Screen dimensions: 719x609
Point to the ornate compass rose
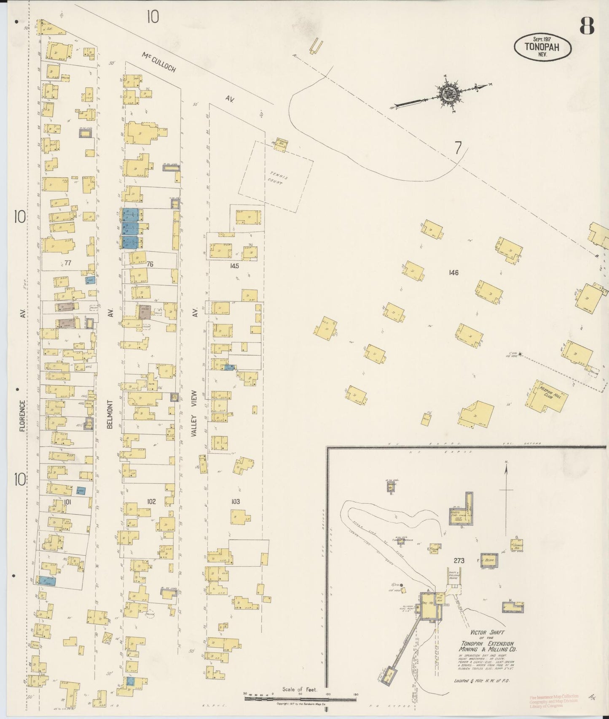pyautogui.click(x=447, y=93)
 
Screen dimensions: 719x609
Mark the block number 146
pyautogui.click(x=453, y=273)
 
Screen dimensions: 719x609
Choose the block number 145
pyautogui.click(x=234, y=266)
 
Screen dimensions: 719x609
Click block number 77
pyautogui.click(x=68, y=263)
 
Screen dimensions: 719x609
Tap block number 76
pyautogui.click(x=150, y=264)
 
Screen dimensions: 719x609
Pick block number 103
pyautogui.click(x=235, y=501)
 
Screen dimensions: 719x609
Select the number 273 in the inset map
pyautogui.click(x=459, y=560)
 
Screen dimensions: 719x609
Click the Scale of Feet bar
pyautogui.click(x=300, y=699)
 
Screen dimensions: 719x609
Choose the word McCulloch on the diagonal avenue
pyautogui.click(x=158, y=62)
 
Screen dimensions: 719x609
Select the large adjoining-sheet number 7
pyautogui.click(x=458, y=148)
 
